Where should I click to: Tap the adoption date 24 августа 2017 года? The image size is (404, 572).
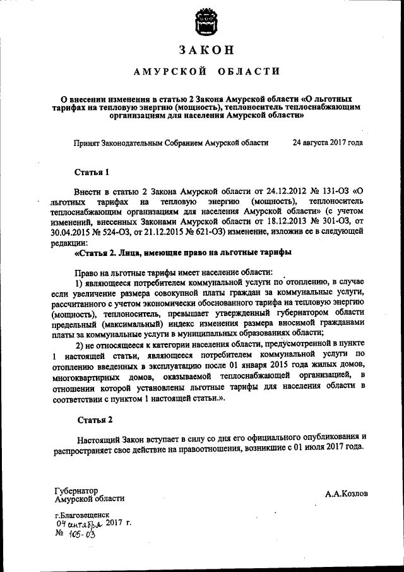[328, 143]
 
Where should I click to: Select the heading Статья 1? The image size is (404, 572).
[92, 171]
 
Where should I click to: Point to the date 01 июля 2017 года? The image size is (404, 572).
[324, 446]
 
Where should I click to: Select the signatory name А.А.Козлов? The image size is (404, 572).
[347, 493]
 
